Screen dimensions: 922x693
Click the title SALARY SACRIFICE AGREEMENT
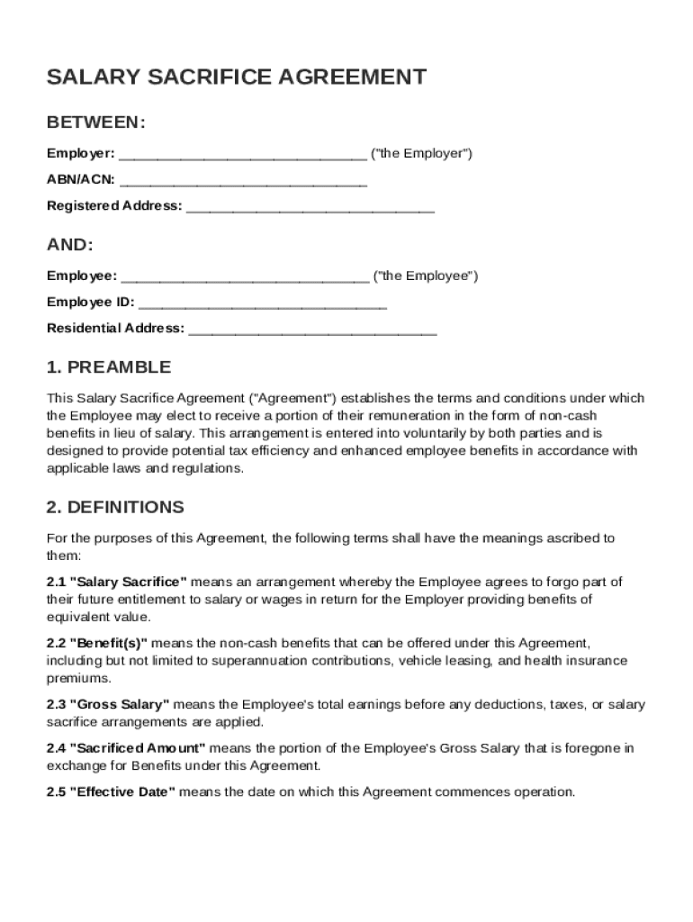click(236, 77)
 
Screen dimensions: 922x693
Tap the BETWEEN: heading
click(95, 122)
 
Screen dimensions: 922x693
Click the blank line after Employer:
click(242, 155)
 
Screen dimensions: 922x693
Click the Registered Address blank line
click(310, 207)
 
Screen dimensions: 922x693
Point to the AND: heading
click(69, 245)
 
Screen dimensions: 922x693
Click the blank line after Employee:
click(245, 277)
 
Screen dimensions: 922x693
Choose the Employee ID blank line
click(263, 303)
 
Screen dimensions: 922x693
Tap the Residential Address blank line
click(312, 330)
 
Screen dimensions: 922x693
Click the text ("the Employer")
click(421, 153)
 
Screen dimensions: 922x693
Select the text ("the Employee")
click(426, 276)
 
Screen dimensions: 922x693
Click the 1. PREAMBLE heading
click(108, 367)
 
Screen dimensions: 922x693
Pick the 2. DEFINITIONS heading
click(115, 507)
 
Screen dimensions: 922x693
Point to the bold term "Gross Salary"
click(121, 705)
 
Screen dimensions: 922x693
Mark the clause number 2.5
click(56, 792)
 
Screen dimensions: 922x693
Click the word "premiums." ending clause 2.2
click(78, 678)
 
